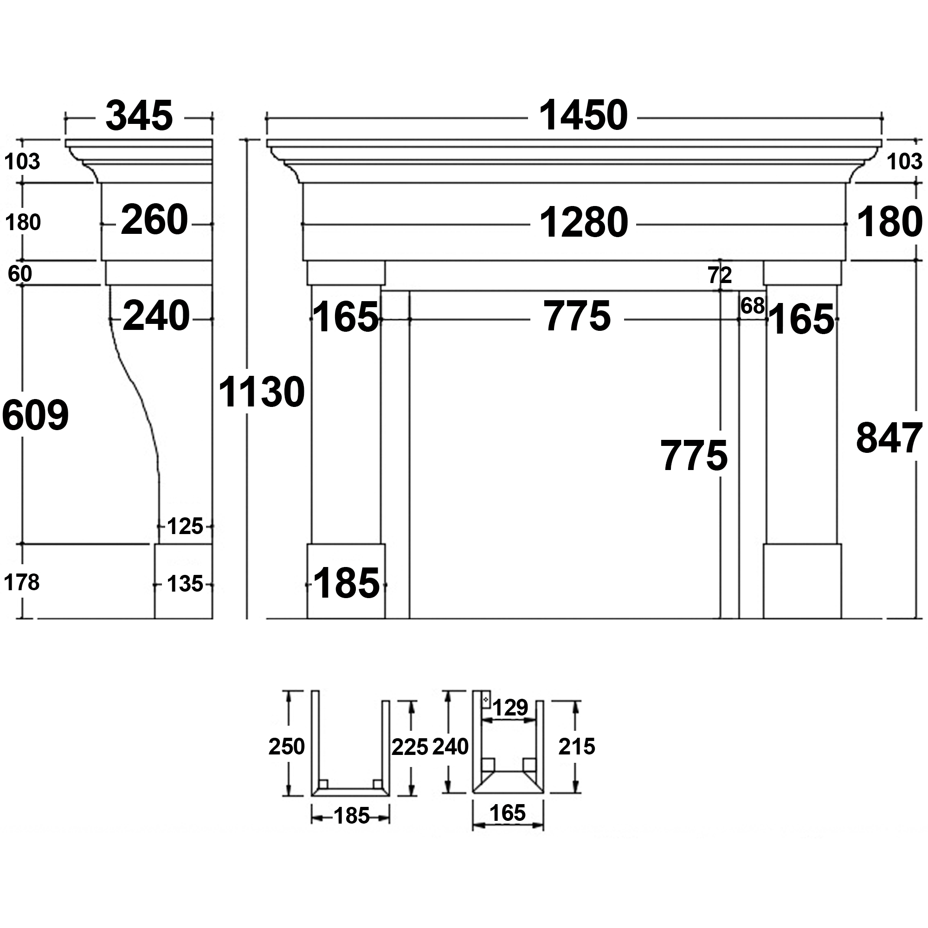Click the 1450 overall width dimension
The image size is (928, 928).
(583, 116)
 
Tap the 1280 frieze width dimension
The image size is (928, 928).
(584, 223)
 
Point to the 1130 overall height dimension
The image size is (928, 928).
(261, 393)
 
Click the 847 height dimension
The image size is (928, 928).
(889, 438)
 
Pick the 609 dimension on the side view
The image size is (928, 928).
(36, 414)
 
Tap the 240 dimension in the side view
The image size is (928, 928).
(156, 316)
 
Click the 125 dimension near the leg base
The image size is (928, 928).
(185, 527)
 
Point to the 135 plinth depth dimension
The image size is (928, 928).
(185, 585)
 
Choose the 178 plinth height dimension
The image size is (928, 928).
(22, 583)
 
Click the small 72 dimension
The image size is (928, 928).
(720, 275)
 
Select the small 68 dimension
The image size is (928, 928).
(752, 305)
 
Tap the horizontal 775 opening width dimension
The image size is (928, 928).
(577, 316)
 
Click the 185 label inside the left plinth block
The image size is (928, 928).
(346, 584)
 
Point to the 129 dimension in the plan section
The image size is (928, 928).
(510, 707)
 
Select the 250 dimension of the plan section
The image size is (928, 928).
(286, 747)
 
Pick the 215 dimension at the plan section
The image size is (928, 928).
(576, 747)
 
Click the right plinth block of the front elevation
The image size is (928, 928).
(802, 581)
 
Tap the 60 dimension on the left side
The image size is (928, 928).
(20, 274)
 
